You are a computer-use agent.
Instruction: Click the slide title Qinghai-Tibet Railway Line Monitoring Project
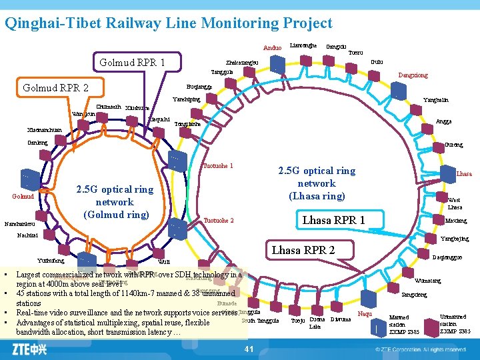click(168, 23)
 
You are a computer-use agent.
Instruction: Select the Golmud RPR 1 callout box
click(132, 63)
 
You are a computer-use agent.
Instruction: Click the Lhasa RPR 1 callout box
click(334, 220)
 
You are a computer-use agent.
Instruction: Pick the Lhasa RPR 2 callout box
click(303, 251)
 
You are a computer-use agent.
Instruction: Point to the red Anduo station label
click(273, 48)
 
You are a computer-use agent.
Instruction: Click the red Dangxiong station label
click(413, 76)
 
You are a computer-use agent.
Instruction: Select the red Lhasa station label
click(464, 174)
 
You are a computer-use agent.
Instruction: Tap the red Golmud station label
click(23, 197)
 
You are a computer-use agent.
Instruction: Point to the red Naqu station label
click(365, 313)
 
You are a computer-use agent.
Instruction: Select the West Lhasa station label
click(454, 203)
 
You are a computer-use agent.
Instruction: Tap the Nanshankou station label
click(19, 223)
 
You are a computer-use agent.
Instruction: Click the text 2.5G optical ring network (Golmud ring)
click(115, 202)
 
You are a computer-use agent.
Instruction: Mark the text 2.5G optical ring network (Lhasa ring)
click(317, 183)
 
